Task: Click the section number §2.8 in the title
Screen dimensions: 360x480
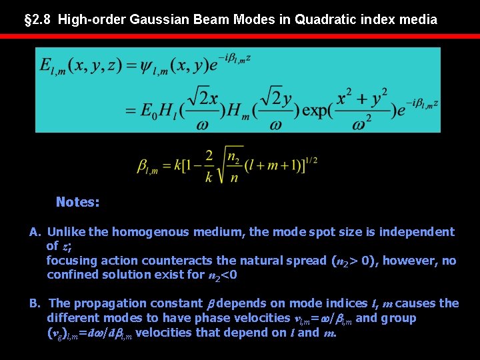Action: point(37,19)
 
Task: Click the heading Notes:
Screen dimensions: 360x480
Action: point(78,202)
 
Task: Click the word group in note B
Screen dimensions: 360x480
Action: point(397,318)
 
